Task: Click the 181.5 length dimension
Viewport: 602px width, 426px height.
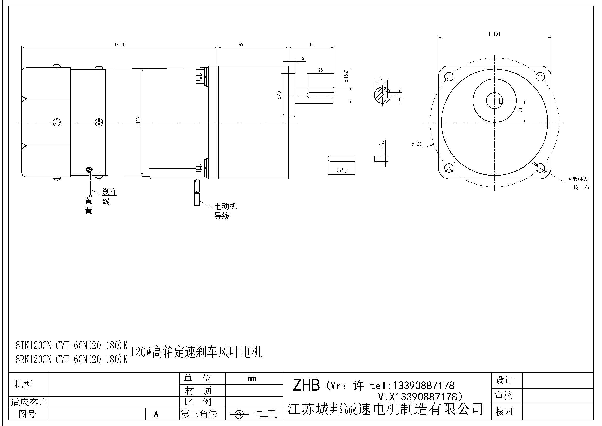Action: (120, 45)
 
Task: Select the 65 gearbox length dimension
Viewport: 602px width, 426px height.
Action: (241, 45)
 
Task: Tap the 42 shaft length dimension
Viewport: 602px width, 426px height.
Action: (311, 45)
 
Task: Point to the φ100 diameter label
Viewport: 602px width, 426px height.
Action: (139, 122)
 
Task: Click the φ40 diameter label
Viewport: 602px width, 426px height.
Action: (279, 95)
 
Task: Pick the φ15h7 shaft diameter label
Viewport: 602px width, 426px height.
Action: (346, 76)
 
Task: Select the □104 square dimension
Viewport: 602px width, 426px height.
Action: (494, 34)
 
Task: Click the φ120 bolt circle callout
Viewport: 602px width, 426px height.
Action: (416, 144)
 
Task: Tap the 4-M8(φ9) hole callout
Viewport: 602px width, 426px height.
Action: (578, 179)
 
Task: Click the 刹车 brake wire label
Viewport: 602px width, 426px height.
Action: (110, 191)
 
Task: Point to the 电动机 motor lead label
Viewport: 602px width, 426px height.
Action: (225, 206)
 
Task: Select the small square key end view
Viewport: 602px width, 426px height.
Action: (378, 158)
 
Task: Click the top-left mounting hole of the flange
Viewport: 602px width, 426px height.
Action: (449, 77)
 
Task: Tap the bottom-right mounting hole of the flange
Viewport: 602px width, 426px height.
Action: (540, 168)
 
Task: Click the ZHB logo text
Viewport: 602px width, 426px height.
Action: (306, 385)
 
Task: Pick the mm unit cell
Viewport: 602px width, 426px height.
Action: (251, 379)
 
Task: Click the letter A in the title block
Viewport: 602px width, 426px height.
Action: (156, 414)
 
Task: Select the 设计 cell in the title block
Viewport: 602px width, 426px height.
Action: (504, 380)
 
